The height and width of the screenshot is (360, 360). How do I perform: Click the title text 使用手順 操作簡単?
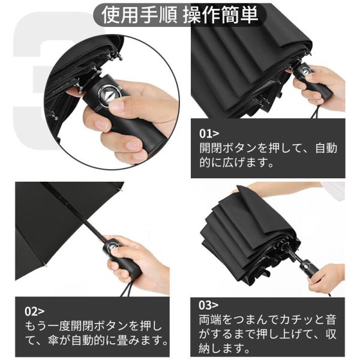pyautogui.click(x=180, y=15)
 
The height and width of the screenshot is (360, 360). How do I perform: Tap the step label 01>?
pyautogui.click(x=209, y=134)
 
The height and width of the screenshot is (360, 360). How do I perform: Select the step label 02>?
pyautogui.click(x=34, y=311)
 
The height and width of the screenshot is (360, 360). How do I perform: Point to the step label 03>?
pyautogui.click(x=208, y=305)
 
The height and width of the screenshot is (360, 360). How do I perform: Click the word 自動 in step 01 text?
pyautogui.click(x=326, y=148)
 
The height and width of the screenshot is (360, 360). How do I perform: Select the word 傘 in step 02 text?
pyautogui.click(x=54, y=341)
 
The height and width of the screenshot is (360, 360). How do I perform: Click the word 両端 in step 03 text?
pyautogui.click(x=211, y=320)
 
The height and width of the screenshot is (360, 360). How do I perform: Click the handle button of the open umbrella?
pyautogui.click(x=112, y=247)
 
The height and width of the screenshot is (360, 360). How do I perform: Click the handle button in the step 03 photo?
pyautogui.click(x=306, y=267)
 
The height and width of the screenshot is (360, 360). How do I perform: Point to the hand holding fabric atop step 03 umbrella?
pyautogui.click(x=275, y=191)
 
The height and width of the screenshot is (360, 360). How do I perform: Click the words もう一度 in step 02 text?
pyautogui.click(x=47, y=326)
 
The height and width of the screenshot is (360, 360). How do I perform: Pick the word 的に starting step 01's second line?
pyautogui.click(x=211, y=163)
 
